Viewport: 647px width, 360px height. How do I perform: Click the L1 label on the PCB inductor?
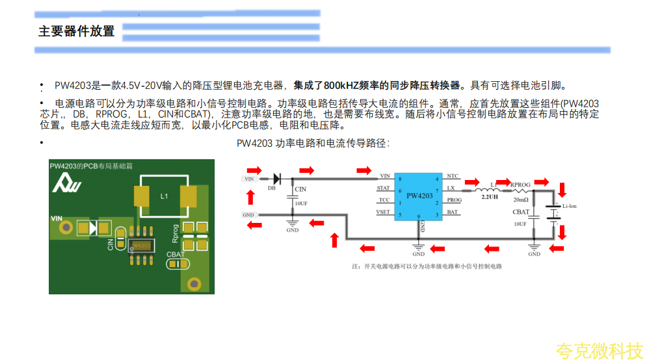pos(164,196)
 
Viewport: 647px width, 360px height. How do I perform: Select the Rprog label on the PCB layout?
pos(175,232)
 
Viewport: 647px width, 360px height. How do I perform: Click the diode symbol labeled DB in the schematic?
pos(276,177)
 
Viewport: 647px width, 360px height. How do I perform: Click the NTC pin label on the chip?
pos(453,176)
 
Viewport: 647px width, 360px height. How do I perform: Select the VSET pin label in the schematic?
pos(384,212)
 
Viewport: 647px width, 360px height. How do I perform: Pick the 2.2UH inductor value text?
pos(490,196)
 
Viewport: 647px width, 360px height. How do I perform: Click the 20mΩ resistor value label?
pos(521,199)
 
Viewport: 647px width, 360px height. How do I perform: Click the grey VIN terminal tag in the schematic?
pos(249,178)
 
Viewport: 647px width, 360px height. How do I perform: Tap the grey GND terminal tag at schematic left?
pos(248,214)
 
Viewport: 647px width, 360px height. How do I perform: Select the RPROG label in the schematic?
pos(521,185)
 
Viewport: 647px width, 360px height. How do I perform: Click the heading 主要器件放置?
pos(76,31)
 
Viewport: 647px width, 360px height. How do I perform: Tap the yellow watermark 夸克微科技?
pos(598,351)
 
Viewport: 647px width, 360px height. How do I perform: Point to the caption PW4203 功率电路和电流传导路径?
pos(313,143)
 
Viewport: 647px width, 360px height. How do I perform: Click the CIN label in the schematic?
pos(300,190)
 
